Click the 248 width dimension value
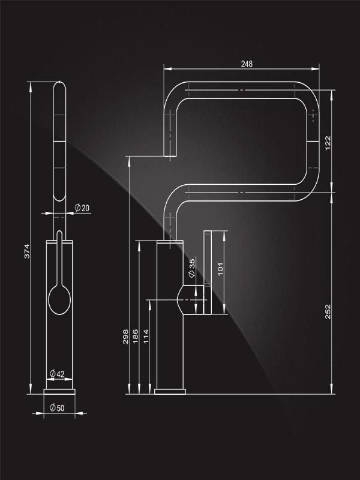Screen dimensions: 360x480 tap(247, 64)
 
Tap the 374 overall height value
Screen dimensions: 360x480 tap(27, 251)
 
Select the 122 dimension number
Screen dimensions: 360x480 tap(328, 143)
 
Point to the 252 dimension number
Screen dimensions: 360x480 tap(328, 311)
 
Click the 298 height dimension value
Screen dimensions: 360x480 tap(125, 337)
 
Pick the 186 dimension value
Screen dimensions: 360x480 tap(136, 337)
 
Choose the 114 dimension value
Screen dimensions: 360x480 tap(146, 337)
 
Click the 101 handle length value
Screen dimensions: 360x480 tap(220, 269)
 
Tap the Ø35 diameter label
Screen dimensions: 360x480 tap(191, 268)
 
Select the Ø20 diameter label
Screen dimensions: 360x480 tap(82, 208)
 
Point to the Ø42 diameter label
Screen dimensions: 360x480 tap(57, 374)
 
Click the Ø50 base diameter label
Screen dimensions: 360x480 tap(57, 408)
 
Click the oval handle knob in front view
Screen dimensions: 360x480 tap(59, 299)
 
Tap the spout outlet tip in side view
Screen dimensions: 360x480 tap(170, 156)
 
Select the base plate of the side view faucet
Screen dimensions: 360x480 tap(170, 392)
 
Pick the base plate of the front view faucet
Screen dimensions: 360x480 tap(59, 392)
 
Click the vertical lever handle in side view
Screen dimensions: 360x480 tap(208, 272)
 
